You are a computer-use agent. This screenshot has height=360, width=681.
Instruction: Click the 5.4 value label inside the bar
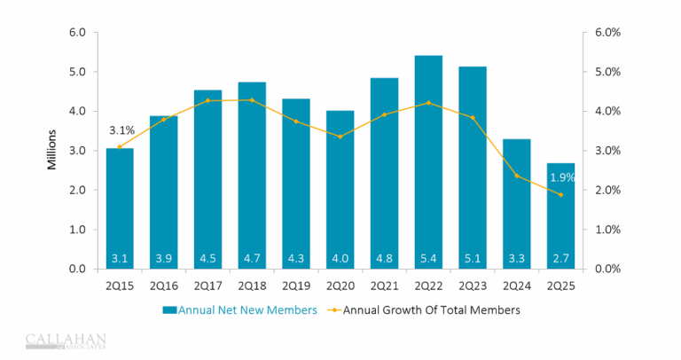click(428, 259)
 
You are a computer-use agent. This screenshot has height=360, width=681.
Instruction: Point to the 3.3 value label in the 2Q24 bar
click(516, 259)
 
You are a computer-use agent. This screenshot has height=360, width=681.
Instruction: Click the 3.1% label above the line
click(121, 131)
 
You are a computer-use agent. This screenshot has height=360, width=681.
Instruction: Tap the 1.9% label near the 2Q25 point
click(562, 177)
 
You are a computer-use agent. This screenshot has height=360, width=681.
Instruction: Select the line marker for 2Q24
click(516, 176)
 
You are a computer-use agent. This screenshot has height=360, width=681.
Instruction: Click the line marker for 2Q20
click(340, 137)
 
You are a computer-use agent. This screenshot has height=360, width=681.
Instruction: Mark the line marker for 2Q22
click(428, 103)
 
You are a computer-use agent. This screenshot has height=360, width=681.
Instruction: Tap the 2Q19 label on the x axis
click(296, 286)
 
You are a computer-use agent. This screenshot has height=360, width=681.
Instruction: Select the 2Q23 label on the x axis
click(473, 286)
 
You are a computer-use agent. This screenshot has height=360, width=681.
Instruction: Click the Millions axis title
click(52, 150)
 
